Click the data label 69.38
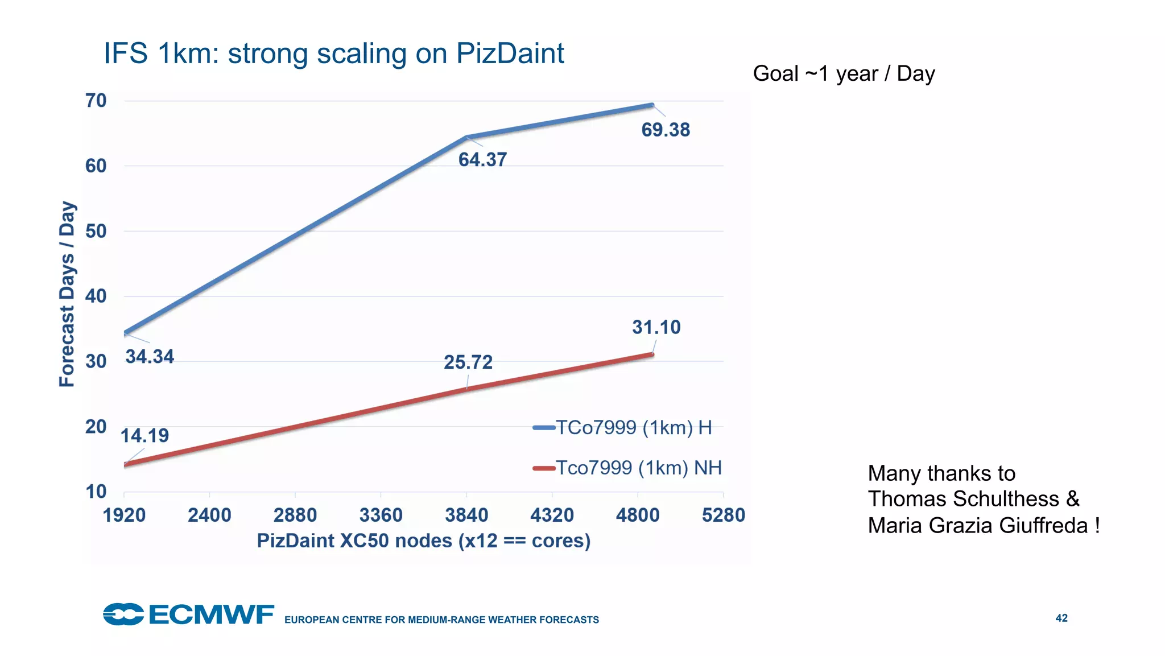665,130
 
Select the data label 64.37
482,160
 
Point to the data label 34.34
150,357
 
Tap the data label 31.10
656,327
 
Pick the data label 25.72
468,362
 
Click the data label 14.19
144,436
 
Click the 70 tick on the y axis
96,101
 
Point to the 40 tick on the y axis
96,296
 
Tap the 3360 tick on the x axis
381,515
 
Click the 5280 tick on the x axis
723,515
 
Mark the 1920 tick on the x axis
124,515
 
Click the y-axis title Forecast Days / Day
67,294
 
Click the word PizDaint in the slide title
510,53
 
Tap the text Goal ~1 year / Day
844,74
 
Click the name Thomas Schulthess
962,499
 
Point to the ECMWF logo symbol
123,614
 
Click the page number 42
1061,618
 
